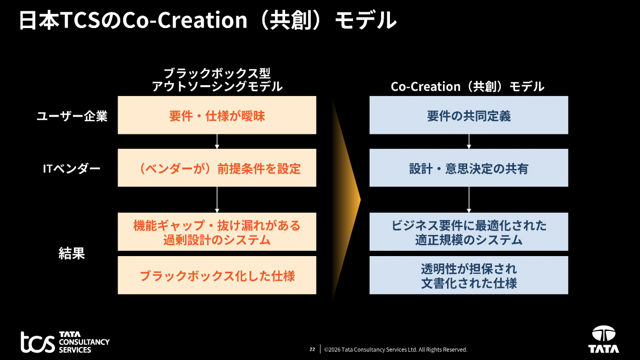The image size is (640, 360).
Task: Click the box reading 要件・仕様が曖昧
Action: point(217,115)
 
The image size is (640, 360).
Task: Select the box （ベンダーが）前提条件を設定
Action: point(217,168)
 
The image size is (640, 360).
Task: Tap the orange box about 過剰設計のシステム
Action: point(217,232)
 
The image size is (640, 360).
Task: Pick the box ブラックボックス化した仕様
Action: point(217,275)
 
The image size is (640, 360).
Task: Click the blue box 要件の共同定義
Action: point(469,115)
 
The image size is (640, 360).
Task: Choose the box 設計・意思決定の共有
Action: point(469,168)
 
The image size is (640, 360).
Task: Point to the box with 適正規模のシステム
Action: point(469,232)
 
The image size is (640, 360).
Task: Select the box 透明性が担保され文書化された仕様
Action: point(469,275)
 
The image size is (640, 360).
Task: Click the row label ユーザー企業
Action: point(72,116)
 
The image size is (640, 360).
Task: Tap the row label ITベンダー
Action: point(72,168)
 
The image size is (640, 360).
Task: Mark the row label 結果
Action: point(72,253)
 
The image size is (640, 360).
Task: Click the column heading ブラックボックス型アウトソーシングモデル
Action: point(217,80)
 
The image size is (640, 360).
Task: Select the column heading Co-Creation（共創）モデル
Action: point(467,87)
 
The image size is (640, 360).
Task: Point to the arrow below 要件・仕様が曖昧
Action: point(217,141)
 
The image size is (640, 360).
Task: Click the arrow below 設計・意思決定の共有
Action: point(469,200)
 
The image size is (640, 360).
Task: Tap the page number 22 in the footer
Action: point(312,349)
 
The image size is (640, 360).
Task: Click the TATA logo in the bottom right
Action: point(604,339)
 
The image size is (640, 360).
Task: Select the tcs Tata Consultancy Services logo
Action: point(65,342)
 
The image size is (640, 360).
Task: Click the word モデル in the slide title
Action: point(366,20)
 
